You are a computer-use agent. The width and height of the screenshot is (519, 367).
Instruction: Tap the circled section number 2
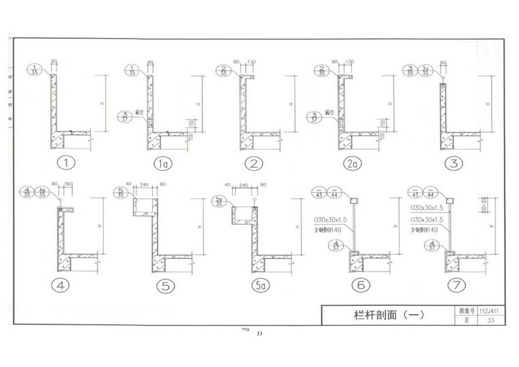(x=253, y=163)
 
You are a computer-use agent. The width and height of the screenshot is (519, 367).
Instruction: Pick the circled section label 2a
(x=348, y=163)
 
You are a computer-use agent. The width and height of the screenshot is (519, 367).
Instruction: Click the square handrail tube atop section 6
(x=355, y=200)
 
